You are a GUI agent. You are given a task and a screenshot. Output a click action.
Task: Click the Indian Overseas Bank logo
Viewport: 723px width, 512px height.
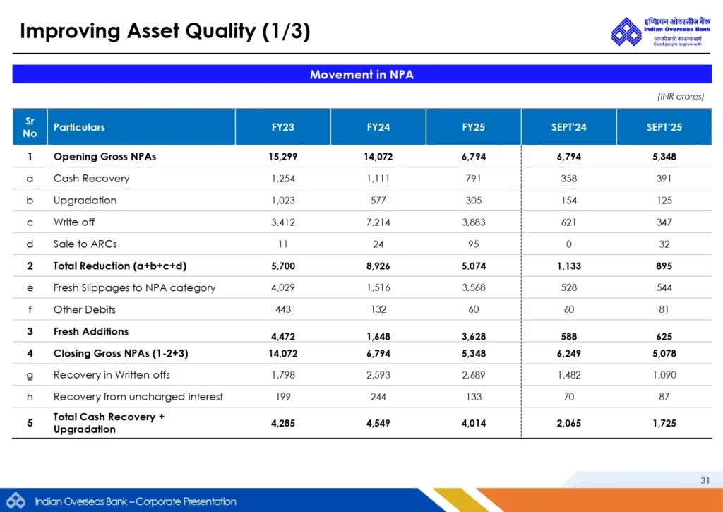(x=626, y=32)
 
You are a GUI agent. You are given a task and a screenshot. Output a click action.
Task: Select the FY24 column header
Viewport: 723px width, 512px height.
(x=378, y=127)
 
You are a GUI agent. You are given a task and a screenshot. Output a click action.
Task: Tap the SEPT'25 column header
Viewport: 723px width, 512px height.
(x=664, y=127)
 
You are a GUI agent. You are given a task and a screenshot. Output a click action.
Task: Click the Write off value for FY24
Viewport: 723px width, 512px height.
(x=378, y=222)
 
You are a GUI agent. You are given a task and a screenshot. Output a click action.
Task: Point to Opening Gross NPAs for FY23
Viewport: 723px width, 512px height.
(x=282, y=157)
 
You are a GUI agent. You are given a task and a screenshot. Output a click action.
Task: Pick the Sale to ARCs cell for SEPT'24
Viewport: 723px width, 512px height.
(x=568, y=244)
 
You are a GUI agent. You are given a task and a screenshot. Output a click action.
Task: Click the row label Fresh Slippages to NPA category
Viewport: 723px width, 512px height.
(x=134, y=288)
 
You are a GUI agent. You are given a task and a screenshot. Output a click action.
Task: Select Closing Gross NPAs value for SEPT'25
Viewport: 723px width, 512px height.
(x=664, y=353)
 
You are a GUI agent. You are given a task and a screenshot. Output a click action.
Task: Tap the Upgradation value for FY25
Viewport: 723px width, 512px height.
(x=473, y=201)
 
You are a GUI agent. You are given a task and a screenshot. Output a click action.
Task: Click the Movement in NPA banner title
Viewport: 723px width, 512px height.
(x=361, y=74)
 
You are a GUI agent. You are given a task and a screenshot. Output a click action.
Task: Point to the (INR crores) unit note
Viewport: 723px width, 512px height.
(x=681, y=97)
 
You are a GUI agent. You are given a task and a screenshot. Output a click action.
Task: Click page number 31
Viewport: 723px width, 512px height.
(x=705, y=481)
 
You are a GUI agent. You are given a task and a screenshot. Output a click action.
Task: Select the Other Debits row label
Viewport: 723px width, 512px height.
(x=84, y=309)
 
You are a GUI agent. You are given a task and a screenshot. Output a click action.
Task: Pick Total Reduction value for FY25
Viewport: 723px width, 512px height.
(x=473, y=266)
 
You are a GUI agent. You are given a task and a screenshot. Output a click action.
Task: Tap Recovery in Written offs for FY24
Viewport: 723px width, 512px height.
(x=378, y=375)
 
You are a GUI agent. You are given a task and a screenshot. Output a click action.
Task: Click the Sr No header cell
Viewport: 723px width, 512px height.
(x=30, y=127)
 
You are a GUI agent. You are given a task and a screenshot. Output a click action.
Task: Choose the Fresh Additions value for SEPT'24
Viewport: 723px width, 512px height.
(x=568, y=337)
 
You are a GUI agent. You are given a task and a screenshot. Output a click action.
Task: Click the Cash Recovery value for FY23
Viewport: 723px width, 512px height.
(x=282, y=179)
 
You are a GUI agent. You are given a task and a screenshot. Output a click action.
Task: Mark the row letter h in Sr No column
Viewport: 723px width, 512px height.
(x=30, y=397)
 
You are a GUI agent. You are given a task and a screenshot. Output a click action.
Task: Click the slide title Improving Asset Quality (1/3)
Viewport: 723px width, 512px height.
(x=165, y=31)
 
